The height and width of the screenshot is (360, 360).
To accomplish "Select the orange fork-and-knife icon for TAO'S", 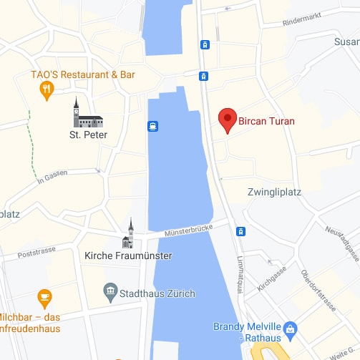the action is (x=47, y=89).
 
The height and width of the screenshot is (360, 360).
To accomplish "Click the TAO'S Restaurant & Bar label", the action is (x=83, y=74).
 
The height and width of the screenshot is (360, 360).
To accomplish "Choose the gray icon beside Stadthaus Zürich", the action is (x=110, y=290).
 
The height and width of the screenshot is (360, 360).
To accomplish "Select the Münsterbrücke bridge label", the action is (x=190, y=232).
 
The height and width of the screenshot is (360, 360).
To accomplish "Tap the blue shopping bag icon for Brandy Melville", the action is (x=290, y=330).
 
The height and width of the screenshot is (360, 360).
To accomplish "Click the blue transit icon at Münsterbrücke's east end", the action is (x=241, y=231).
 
